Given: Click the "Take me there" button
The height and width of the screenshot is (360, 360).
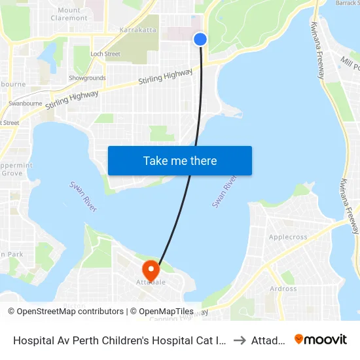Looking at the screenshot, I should pyautogui.click(x=180, y=161).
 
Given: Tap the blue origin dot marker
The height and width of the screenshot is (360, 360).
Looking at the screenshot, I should pyautogui.click(x=200, y=39).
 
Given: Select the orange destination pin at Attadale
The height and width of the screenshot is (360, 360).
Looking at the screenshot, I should pyautogui.click(x=151, y=270).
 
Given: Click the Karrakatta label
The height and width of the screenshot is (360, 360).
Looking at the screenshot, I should pyautogui.click(x=138, y=30).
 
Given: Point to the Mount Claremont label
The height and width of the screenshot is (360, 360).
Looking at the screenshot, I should pyautogui.click(x=69, y=14).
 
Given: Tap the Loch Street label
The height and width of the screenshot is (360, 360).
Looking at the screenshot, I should pyautogui.click(x=105, y=54).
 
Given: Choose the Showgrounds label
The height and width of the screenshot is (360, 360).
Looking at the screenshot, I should pyautogui.click(x=87, y=78).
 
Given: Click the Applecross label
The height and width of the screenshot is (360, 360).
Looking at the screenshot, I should pyautogui.click(x=289, y=237).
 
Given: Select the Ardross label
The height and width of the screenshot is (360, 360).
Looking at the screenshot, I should pyautogui.click(x=283, y=289).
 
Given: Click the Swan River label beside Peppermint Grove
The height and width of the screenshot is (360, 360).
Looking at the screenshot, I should pyautogui.click(x=83, y=196).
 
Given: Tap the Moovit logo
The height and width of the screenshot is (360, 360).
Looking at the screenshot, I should pyautogui.click(x=320, y=339).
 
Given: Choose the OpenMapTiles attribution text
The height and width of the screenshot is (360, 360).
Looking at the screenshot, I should pyautogui.click(x=162, y=312).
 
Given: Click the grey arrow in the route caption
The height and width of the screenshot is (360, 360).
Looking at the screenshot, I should pyautogui.click(x=240, y=340).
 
